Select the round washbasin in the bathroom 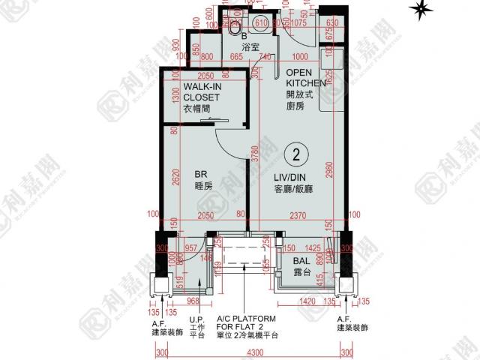[x=265, y=22]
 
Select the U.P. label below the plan [x=198, y=319]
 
